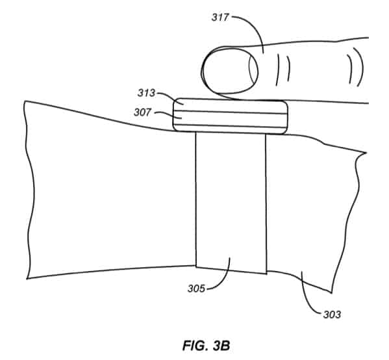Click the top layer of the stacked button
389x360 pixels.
coord(231,105)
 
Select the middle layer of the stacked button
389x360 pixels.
coord(231,118)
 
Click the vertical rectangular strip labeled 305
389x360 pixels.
coord(231,201)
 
